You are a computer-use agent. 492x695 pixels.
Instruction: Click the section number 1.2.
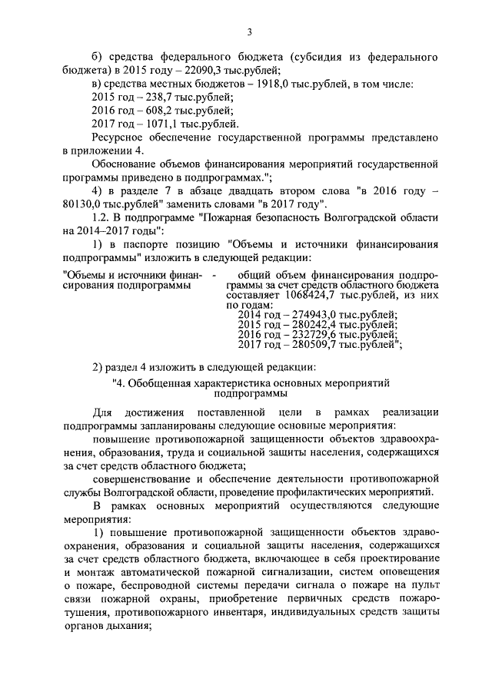click(102, 217)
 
